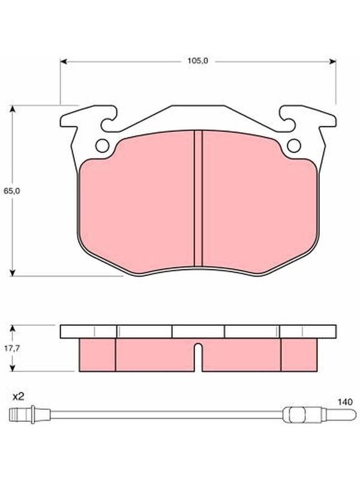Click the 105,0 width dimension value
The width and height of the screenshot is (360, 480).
[198, 61]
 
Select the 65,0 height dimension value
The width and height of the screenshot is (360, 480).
[12, 191]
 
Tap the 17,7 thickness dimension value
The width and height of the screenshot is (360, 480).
[12, 348]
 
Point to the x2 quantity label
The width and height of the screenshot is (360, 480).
[18, 397]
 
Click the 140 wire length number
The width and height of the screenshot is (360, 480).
[345, 401]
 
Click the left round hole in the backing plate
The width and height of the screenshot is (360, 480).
[102, 146]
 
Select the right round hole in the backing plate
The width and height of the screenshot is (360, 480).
[294, 146]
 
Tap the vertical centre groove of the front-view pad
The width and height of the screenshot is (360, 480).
[199, 199]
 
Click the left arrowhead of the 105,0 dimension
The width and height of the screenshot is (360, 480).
[64, 62]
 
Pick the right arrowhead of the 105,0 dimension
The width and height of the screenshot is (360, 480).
[332, 62]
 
